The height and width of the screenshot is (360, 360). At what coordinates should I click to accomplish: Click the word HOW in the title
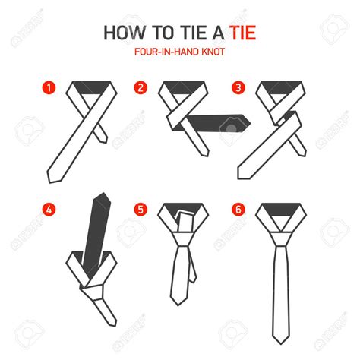(123, 36)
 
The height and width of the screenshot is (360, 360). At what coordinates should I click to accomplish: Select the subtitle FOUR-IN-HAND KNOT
(179, 54)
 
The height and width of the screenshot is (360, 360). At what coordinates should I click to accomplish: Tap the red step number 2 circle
(141, 87)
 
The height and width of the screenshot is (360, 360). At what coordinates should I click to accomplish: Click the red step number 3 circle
(238, 87)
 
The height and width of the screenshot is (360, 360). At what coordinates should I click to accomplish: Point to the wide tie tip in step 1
(52, 176)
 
